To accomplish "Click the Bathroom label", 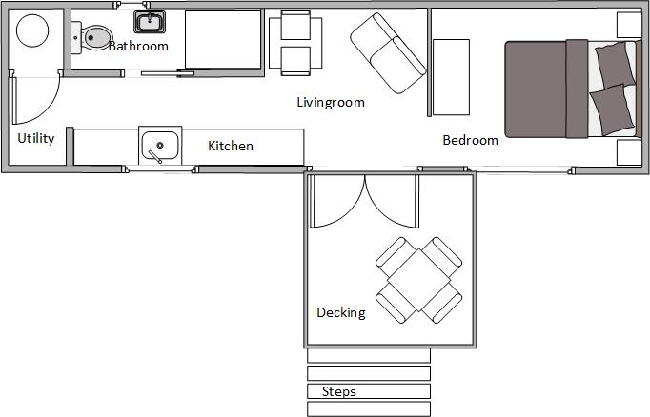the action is click(138, 46).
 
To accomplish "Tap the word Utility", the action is click(36, 138).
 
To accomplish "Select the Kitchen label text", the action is click(231, 146).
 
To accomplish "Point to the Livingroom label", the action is click(331, 102).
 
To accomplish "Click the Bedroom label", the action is click(471, 140).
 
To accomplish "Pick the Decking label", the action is click(341, 312).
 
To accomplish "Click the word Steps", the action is click(339, 391).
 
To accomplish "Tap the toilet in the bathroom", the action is click(92, 38).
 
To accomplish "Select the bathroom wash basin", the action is click(150, 22).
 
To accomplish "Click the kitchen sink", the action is click(160, 146).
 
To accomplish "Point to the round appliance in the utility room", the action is click(32, 30).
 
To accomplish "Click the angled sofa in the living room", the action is click(388, 53).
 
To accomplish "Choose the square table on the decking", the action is click(419, 280).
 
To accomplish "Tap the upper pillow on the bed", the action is click(615, 65).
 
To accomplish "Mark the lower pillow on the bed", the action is click(612, 109).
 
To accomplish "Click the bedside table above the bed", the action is click(629, 25).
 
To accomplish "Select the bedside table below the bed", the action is click(629, 152).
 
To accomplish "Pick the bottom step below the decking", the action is click(369, 408).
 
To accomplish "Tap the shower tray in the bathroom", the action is click(223, 40).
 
